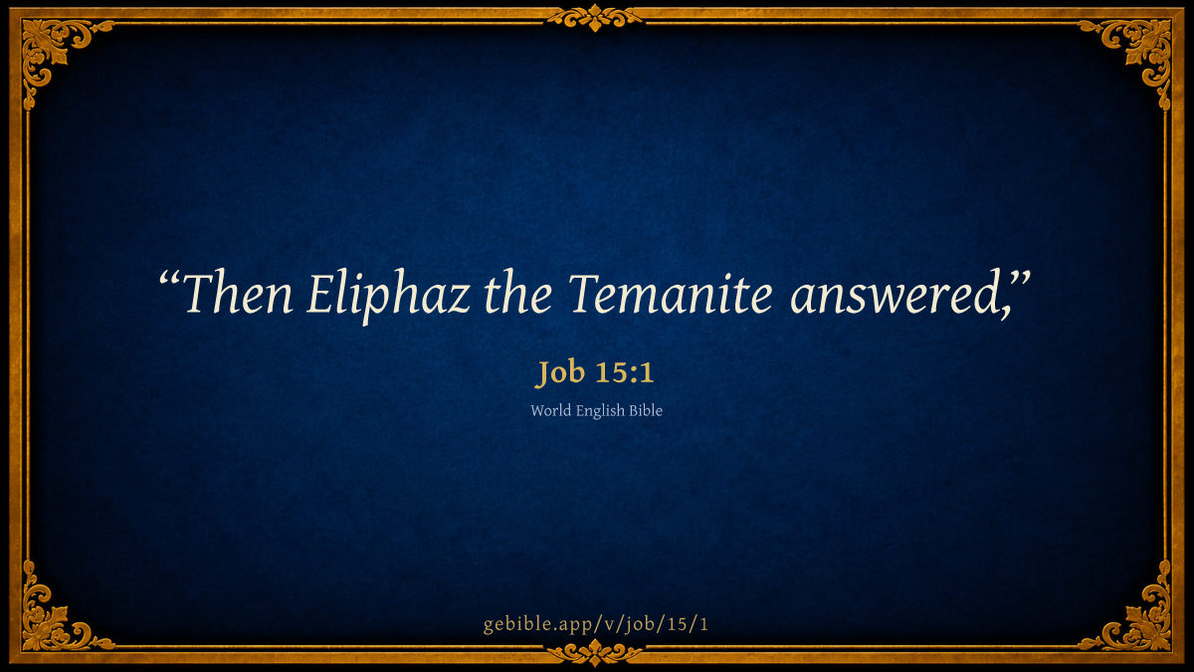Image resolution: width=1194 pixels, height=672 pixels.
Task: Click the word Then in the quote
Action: (x=238, y=293)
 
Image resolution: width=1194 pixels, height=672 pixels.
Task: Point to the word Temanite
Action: (x=671, y=293)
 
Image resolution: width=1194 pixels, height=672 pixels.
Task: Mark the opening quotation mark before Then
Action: (x=169, y=280)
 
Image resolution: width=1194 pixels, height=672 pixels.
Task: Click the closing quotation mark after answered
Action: (x=1019, y=280)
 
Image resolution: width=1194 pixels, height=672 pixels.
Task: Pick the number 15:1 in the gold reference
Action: (x=624, y=372)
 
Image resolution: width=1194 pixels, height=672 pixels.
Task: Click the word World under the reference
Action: (x=550, y=410)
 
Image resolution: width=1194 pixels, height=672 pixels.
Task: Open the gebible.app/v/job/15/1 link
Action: (x=596, y=624)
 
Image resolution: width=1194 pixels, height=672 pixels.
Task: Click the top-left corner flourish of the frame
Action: (x=54, y=51)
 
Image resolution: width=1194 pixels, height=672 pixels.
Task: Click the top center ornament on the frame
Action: (x=595, y=18)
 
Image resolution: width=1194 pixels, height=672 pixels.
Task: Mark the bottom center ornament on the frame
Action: (x=595, y=652)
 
